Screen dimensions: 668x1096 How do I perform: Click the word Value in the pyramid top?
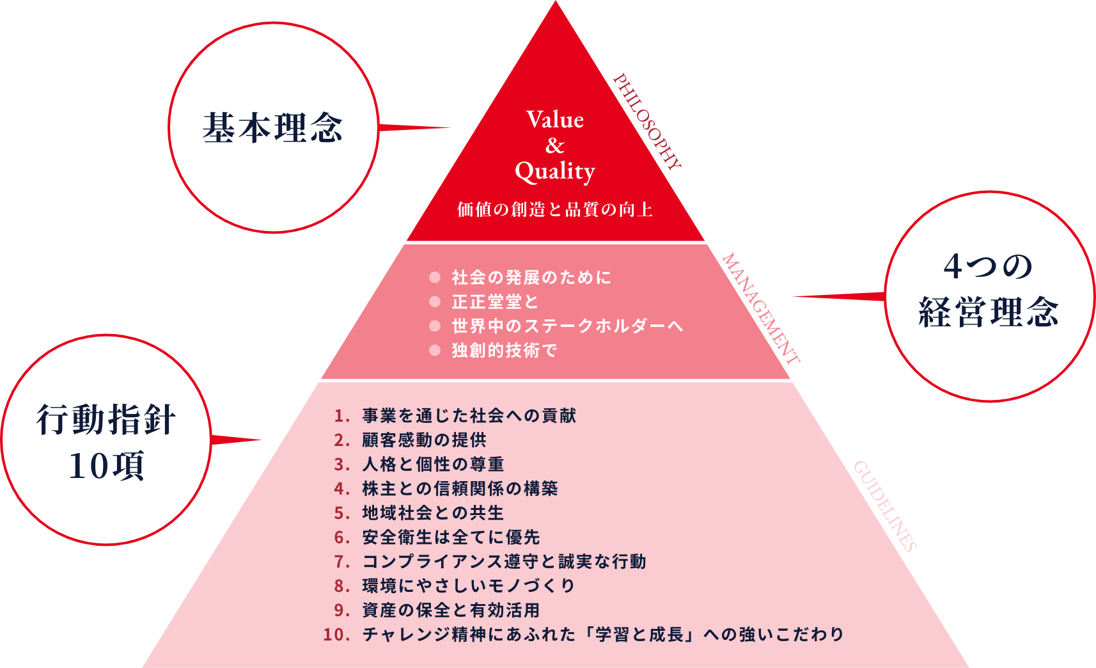pyautogui.click(x=554, y=120)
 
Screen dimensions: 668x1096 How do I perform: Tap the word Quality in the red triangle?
pyautogui.click(x=554, y=171)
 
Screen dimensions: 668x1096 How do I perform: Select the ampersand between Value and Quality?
pyautogui.click(x=554, y=145)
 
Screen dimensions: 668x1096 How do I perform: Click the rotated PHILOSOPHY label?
pyautogui.click(x=647, y=122)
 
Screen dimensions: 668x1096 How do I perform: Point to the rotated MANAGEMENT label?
pyautogui.click(x=760, y=308)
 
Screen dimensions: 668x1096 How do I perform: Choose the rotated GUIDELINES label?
pyautogui.click(x=885, y=505)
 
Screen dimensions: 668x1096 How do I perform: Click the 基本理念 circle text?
pyautogui.click(x=273, y=128)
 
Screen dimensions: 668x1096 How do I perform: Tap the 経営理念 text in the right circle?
pyautogui.click(x=989, y=312)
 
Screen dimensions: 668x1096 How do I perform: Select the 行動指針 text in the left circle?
pyautogui.click(x=106, y=420)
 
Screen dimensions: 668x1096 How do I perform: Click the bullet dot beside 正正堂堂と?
pyautogui.click(x=435, y=301)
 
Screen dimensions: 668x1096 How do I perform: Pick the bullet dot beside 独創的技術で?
pyautogui.click(x=435, y=350)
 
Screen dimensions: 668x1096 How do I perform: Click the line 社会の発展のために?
pyautogui.click(x=531, y=277)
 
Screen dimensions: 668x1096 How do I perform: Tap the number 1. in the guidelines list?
pyautogui.click(x=341, y=416)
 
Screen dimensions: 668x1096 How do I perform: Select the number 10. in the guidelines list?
pyautogui.click(x=336, y=635)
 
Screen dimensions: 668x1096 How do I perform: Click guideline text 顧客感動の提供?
pyautogui.click(x=424, y=440)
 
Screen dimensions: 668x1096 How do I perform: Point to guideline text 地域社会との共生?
pyautogui.click(x=433, y=513)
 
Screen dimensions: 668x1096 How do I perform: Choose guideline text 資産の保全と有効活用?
pyautogui.click(x=451, y=610)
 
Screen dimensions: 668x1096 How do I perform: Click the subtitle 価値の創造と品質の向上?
pyautogui.click(x=554, y=209)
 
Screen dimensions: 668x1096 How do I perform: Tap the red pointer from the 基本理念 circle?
pyautogui.click(x=414, y=128)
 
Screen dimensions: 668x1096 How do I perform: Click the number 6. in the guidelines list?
pyautogui.click(x=341, y=537)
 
